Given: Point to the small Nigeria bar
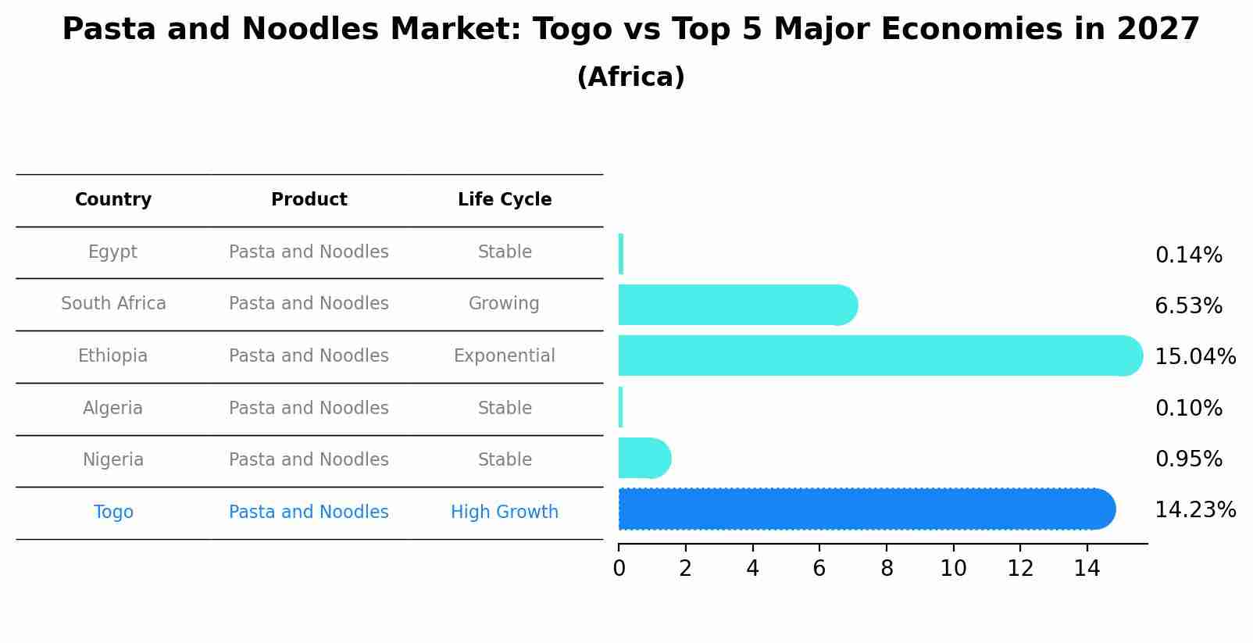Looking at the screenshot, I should pyautogui.click(x=643, y=459).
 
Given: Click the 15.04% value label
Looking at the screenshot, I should pyautogui.click(x=1194, y=357).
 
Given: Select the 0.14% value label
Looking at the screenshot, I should pyautogui.click(x=1188, y=255).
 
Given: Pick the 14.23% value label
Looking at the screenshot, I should pyautogui.click(x=1194, y=510).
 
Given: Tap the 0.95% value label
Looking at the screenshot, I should pyautogui.click(x=1188, y=459).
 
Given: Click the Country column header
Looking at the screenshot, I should pyautogui.click(x=113, y=200).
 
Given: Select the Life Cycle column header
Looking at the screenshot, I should pyautogui.click(x=505, y=200).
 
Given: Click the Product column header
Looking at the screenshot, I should pyautogui.click(x=309, y=200).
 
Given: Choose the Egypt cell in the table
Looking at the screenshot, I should pyautogui.click(x=112, y=252).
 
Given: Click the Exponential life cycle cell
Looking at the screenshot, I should pyautogui.click(x=505, y=356).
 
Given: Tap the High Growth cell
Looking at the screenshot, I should pyautogui.click(x=505, y=513).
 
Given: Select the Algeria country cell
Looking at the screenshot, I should pyautogui.click(x=112, y=409).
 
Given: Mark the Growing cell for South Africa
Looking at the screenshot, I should pyautogui.click(x=504, y=304).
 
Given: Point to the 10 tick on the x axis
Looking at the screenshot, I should pyautogui.click(x=953, y=569).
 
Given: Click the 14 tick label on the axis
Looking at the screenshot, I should pyautogui.click(x=1087, y=569).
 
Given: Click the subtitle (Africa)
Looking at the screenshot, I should pyautogui.click(x=630, y=77).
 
